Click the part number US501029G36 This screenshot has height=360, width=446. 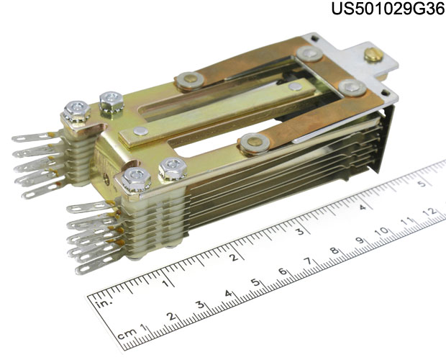388,9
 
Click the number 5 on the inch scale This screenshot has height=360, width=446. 423,184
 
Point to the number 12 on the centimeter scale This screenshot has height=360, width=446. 431,212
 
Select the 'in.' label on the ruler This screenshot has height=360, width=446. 104,304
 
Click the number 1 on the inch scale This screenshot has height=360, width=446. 165,283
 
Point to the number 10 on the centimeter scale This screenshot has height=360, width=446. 382,231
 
